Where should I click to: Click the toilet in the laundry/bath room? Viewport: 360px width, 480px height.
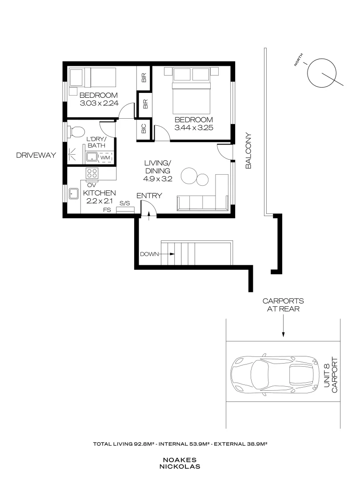(x=76, y=132)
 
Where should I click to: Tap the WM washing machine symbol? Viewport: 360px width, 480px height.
(x=105, y=157)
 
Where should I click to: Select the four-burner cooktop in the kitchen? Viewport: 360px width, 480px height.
(x=92, y=173)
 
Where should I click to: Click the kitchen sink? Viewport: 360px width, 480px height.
(x=73, y=193)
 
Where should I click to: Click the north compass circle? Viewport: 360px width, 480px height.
(x=322, y=72)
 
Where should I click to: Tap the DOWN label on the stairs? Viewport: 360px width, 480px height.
(x=149, y=254)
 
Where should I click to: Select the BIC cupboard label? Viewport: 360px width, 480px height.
(x=144, y=128)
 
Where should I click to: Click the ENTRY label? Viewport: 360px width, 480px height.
(x=149, y=196)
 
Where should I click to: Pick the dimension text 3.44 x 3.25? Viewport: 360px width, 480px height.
(x=194, y=128)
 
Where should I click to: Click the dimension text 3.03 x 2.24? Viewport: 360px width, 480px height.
(x=99, y=103)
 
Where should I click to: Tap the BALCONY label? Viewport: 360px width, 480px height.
(x=248, y=151)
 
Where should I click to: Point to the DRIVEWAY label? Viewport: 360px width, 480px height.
(x=36, y=155)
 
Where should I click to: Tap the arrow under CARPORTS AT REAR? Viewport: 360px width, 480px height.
(x=283, y=326)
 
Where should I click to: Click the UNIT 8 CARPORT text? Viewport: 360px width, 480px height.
(x=330, y=375)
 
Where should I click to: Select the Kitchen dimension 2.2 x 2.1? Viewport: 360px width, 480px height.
(x=99, y=201)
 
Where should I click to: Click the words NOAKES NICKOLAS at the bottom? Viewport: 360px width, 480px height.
(x=180, y=463)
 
